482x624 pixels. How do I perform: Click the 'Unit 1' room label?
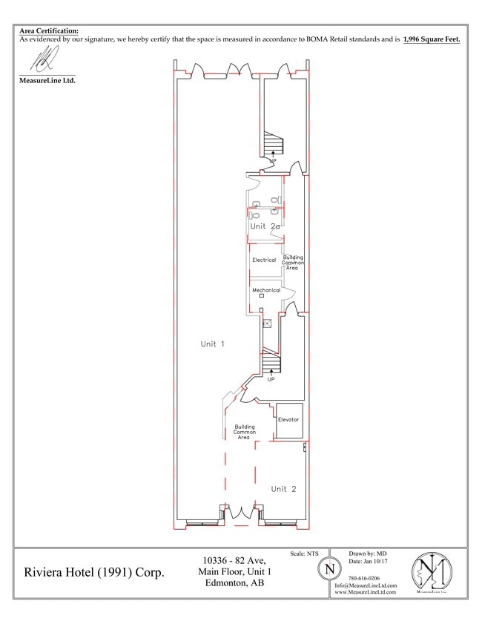point(212,344)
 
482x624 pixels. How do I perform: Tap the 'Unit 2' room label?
point(283,489)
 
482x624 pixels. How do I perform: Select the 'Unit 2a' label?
point(264,226)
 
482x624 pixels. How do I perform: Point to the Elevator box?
point(288,420)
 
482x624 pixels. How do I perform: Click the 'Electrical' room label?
point(264,260)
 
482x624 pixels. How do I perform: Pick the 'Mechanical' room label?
point(265,290)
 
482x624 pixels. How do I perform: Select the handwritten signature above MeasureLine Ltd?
point(47,57)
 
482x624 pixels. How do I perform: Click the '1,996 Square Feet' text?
point(432,39)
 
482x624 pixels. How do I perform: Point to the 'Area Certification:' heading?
point(48,30)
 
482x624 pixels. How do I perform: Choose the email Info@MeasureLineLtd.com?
point(366,585)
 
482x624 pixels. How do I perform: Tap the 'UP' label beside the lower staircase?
point(271,379)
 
